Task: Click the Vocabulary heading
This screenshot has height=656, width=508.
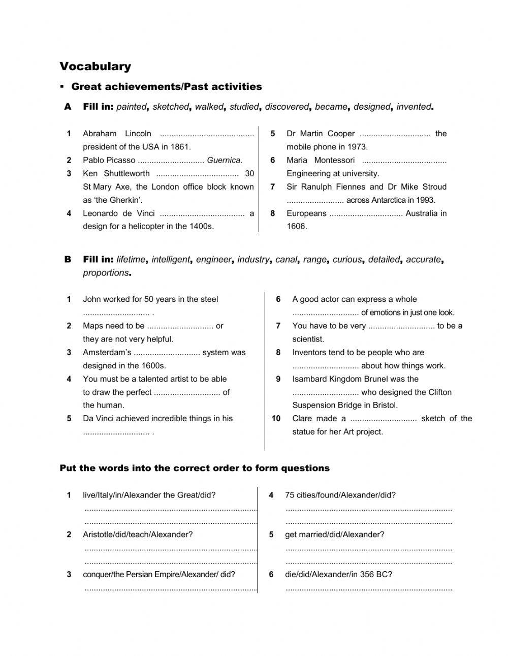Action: tap(96, 67)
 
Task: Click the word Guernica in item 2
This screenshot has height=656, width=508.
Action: tap(224, 160)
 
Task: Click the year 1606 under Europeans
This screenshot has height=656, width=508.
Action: tap(296, 227)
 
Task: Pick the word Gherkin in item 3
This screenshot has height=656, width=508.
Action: tap(127, 200)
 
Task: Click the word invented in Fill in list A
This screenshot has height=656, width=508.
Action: tap(414, 107)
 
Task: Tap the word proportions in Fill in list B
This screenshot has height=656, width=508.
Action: tap(106, 273)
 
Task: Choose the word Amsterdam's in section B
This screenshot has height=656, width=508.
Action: tap(107, 353)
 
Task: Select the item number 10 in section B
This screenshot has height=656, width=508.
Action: tap(276, 419)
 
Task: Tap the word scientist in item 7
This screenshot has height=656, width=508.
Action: tap(308, 339)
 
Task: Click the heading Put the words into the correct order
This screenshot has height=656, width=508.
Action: tap(195, 468)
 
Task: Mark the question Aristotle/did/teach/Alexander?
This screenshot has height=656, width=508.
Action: tap(138, 535)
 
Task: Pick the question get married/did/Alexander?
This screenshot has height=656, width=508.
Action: tap(334, 535)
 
